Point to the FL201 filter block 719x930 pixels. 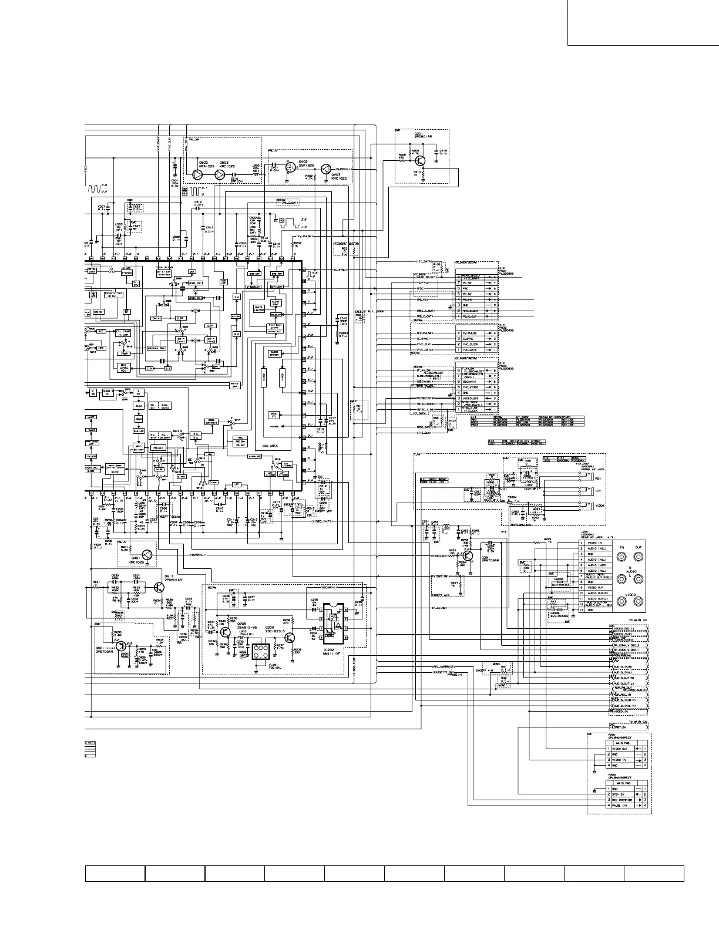click(260, 649)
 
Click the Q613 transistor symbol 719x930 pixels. click(159, 588)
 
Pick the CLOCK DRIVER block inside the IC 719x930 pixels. click(275, 353)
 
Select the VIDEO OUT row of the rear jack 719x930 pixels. click(594, 587)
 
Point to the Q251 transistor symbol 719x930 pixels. click(467, 555)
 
